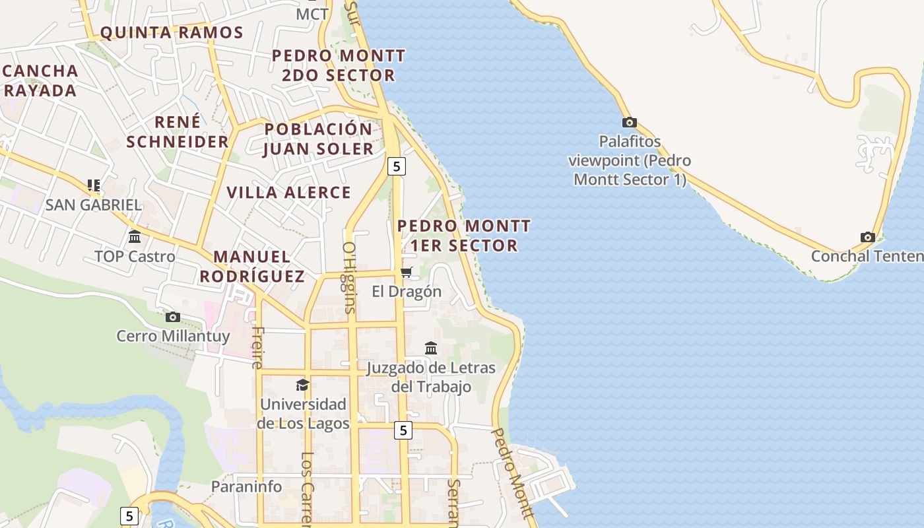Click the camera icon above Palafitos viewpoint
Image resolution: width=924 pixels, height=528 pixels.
(630, 122)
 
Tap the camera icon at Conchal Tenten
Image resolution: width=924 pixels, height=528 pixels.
(867, 237)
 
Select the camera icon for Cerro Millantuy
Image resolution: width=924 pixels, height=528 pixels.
(173, 317)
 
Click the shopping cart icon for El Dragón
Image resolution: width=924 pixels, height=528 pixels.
(407, 272)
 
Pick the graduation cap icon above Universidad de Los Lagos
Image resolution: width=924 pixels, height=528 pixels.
(302, 385)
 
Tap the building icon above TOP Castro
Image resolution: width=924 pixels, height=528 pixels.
(135, 236)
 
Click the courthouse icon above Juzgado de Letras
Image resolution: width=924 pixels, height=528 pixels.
(431, 348)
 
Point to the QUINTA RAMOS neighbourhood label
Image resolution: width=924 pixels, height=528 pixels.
(172, 32)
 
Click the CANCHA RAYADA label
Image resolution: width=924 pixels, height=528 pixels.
(40, 81)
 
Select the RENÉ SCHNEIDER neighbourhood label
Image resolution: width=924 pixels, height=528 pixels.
(178, 131)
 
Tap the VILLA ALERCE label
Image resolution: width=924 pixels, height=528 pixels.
(289, 193)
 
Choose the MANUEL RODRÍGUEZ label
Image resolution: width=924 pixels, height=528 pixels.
(252, 267)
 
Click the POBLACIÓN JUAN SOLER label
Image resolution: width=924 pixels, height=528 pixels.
(319, 139)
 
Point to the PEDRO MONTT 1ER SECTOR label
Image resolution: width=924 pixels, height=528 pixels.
(463, 236)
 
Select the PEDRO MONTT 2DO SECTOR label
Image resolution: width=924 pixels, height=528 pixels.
(339, 65)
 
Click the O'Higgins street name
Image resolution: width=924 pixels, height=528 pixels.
(349, 277)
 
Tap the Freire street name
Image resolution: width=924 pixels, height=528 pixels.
(257, 347)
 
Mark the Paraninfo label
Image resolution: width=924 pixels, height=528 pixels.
(246, 486)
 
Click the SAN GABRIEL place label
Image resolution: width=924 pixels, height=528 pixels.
(93, 205)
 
